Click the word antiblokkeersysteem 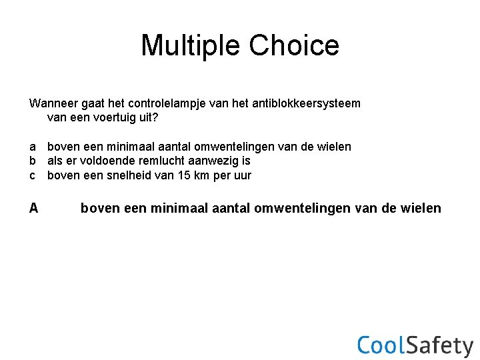pos(307,103)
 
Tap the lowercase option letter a pos(33,146)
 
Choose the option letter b pos(33,161)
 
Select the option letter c pos(33,175)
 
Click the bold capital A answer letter pos(33,208)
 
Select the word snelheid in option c pos(126,175)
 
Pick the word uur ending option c pos(242,175)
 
